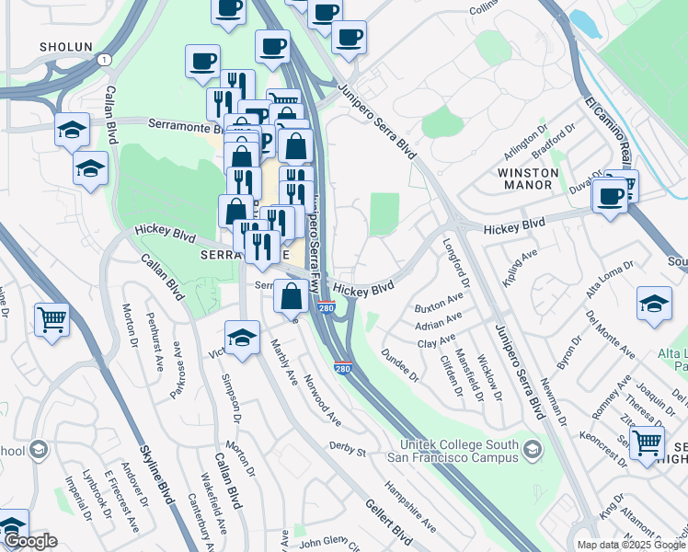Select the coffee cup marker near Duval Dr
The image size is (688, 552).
610,194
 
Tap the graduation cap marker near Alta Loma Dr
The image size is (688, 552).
653,304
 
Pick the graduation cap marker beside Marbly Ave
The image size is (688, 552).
243,336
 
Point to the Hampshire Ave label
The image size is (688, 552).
410,506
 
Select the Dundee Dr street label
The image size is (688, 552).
399,365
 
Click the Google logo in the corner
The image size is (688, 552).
30,541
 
